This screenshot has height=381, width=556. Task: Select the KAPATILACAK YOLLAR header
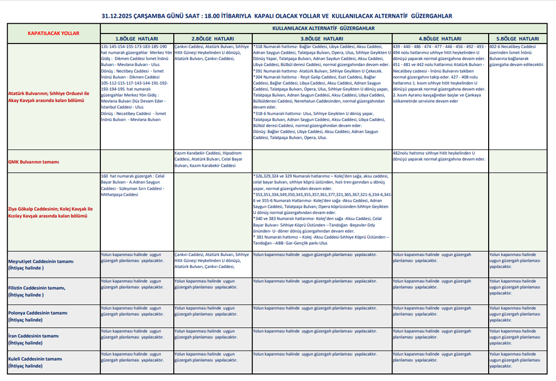click(x=53, y=33)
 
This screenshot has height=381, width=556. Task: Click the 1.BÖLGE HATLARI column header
click(x=137, y=39)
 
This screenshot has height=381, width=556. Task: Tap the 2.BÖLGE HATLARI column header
click(x=212, y=39)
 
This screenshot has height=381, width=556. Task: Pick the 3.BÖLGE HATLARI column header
click(x=322, y=39)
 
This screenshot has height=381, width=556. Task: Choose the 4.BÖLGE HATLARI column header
click(x=440, y=39)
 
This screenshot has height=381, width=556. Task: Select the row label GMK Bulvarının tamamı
click(x=34, y=162)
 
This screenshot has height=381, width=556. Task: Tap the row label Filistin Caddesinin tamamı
click(x=36, y=288)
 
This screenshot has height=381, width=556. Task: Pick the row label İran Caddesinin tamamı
click(x=33, y=336)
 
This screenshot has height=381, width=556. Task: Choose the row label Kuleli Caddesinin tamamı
click(x=35, y=359)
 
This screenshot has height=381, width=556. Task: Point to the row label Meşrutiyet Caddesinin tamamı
click(x=41, y=261)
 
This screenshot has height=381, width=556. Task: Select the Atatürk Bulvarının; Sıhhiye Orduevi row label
click(x=49, y=97)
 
